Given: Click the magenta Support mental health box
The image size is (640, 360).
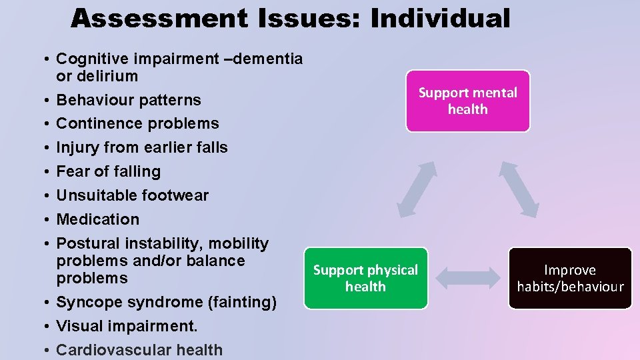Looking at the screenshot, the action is pyautogui.click(x=467, y=101).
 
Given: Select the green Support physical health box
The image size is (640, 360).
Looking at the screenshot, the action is pyautogui.click(x=365, y=278).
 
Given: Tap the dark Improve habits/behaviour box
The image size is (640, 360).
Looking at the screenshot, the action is pyautogui.click(x=570, y=278).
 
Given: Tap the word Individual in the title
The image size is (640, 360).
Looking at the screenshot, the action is pyautogui.click(x=440, y=18).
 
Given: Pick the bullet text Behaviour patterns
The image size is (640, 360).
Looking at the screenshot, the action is pyautogui.click(x=129, y=100).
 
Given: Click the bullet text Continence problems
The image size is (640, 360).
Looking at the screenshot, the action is pyautogui.click(x=137, y=123).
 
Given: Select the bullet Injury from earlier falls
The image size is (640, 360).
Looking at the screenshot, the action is pyautogui.click(x=142, y=147).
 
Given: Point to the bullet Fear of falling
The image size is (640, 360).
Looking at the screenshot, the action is pyautogui.click(x=109, y=171).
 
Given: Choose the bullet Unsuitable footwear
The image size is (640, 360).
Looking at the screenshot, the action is pyautogui.click(x=133, y=195).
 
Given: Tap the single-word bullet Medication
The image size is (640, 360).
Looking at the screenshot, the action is pyautogui.click(x=98, y=219).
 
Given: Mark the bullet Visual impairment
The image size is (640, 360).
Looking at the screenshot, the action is pyautogui.click(x=127, y=326).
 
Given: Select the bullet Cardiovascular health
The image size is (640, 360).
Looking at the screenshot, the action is pyautogui.click(x=139, y=350).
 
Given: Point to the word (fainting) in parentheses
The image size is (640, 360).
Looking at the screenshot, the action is pyautogui.click(x=242, y=302).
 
